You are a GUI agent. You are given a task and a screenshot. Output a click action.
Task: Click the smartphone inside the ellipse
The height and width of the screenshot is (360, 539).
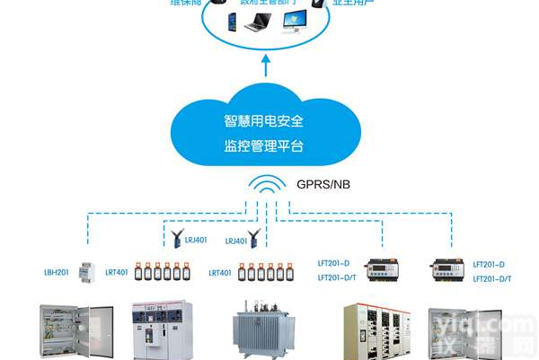click(x=227, y=19)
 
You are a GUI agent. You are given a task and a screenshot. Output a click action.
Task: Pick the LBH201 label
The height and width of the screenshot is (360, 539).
click(x=57, y=272)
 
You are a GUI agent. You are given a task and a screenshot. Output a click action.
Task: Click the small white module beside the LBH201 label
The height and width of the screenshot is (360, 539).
click(x=86, y=270)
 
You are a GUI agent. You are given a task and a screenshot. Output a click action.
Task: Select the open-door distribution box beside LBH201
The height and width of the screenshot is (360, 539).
click(x=76, y=332)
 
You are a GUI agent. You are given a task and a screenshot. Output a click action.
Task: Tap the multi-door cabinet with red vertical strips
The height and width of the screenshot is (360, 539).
click(x=377, y=331)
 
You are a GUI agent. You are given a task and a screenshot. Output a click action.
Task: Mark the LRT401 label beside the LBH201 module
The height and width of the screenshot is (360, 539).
click(x=117, y=272)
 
